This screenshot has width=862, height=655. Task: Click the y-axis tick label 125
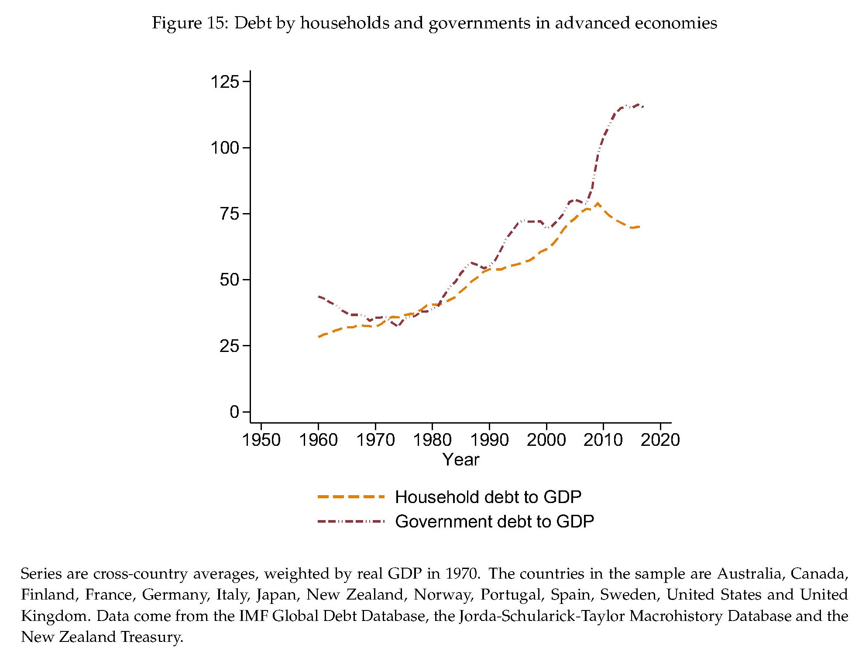coord(225,82)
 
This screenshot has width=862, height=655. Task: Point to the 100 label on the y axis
coord(225,148)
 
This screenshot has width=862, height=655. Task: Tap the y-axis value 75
coord(230,214)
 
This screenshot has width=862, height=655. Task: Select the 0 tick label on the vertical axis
coord(234,412)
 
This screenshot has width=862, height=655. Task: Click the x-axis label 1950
coord(261,440)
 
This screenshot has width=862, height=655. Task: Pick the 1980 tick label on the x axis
coord(432,440)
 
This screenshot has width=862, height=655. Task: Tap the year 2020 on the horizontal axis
coord(660,440)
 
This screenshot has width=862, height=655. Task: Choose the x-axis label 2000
coord(546,440)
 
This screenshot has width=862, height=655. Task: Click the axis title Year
coord(460,460)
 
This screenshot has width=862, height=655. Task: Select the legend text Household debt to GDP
coord(488,497)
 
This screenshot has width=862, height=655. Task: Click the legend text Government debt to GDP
coord(494,521)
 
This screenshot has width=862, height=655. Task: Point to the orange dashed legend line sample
coord(351,497)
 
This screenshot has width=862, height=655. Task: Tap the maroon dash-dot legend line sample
coord(351,521)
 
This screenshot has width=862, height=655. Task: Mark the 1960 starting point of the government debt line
coord(319,296)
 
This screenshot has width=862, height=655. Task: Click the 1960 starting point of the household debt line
coord(319,337)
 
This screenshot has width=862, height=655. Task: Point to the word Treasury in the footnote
coord(151,637)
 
